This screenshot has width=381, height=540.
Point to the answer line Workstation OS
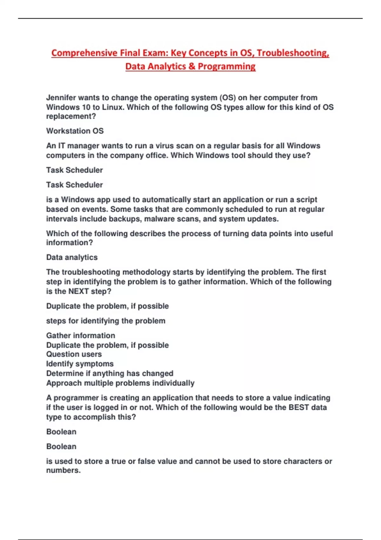(x=75, y=131)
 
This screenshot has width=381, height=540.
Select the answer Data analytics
(x=72, y=257)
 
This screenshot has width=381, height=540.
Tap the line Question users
(x=74, y=354)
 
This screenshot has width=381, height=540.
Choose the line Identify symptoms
(x=80, y=364)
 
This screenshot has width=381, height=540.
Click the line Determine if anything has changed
(x=110, y=373)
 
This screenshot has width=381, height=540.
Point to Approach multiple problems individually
(x=120, y=383)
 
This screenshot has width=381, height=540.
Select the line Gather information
(x=81, y=335)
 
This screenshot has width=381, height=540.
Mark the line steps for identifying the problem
(x=106, y=321)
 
